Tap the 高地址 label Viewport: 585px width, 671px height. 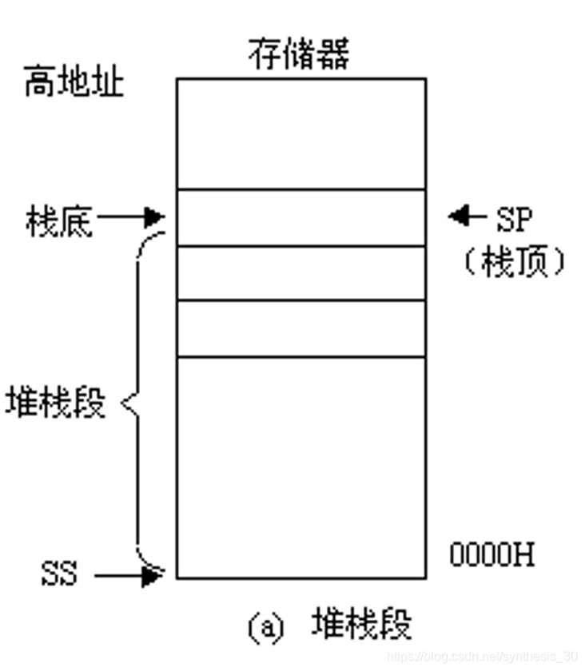point(74,82)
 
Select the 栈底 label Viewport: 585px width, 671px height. point(59,221)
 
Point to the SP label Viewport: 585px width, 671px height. point(514,216)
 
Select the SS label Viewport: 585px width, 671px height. point(60,574)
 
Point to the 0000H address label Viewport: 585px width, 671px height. point(491,554)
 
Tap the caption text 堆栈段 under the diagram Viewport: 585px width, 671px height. point(362,624)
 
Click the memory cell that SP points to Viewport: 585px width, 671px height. point(300,217)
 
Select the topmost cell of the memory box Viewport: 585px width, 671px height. point(300,133)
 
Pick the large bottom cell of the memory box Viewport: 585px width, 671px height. point(300,467)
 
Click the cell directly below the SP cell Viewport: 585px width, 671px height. point(300,273)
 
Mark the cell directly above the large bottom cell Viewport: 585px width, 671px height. point(300,328)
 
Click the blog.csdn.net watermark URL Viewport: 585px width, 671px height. point(482,656)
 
